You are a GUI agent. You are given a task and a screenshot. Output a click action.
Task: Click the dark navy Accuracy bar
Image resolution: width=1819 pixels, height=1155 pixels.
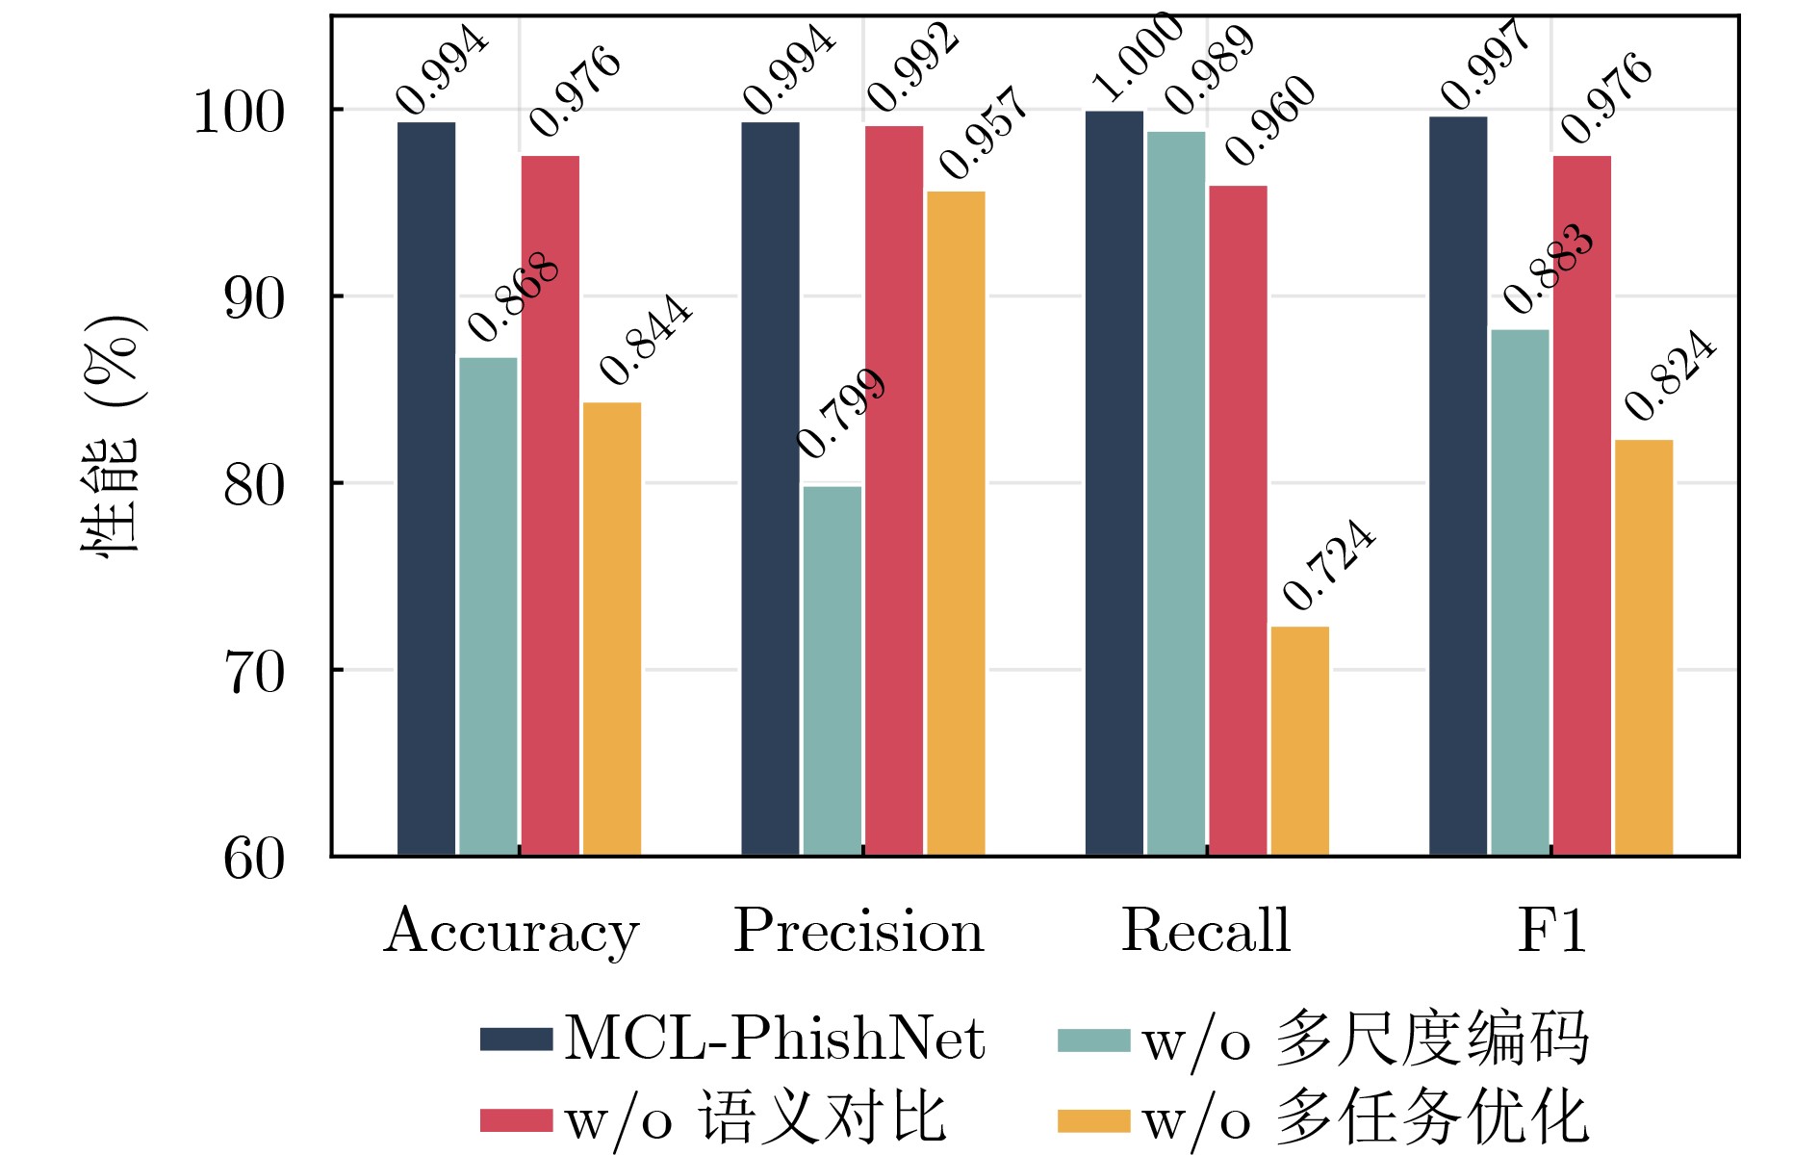[426, 488]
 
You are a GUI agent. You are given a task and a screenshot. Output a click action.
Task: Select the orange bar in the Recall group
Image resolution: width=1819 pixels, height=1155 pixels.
[1299, 740]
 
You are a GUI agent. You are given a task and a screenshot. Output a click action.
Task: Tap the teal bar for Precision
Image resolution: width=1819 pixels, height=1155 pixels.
[832, 670]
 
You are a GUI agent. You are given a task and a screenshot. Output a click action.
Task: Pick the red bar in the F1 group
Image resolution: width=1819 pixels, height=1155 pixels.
[1581, 505]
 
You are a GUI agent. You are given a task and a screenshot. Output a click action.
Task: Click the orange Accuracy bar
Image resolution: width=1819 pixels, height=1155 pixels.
[612, 629]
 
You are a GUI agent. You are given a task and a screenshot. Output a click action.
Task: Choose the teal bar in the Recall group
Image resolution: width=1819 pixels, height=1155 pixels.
[1175, 493]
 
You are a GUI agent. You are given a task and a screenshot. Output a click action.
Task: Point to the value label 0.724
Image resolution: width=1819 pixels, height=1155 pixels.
[1329, 565]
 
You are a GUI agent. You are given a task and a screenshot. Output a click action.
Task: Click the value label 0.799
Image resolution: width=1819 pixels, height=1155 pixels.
[841, 413]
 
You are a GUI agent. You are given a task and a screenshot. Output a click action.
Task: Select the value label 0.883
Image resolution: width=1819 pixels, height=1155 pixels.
[1548, 269]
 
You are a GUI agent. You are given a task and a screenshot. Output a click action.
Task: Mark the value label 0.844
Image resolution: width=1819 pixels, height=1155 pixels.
[645, 340]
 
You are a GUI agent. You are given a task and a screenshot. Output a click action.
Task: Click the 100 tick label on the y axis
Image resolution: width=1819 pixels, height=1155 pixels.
[240, 113]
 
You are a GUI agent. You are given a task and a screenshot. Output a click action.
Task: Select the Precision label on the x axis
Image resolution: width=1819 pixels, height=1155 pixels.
[858, 932]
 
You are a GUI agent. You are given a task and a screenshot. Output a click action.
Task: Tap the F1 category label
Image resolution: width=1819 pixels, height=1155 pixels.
[1551, 931]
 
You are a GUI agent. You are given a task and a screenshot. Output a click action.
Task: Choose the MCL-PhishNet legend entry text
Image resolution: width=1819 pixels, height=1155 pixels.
[774, 1040]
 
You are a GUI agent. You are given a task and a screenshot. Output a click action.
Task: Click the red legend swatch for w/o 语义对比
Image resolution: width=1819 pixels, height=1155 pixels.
[516, 1121]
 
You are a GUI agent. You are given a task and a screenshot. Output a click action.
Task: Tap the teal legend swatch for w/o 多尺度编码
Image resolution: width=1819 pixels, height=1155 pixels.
[1093, 1040]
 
